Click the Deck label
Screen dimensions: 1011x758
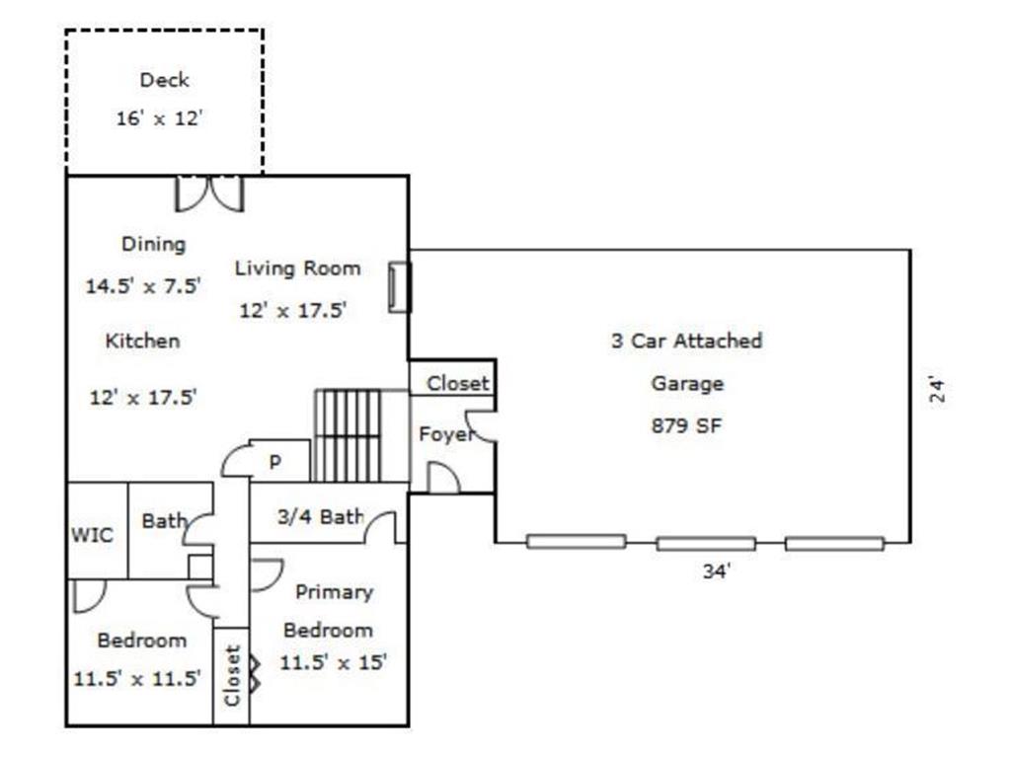coord(165,80)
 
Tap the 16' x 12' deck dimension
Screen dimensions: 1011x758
coord(159,118)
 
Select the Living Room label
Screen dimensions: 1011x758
coord(297,268)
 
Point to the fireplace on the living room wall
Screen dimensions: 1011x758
coord(399,287)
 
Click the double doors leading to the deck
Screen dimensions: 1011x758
coord(209,193)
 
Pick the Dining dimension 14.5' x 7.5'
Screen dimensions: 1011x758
coord(143,285)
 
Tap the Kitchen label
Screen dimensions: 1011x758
coord(142,341)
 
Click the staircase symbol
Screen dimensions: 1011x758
coord(349,435)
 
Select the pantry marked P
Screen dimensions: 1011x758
coord(275,462)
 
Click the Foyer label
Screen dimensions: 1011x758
coord(445,434)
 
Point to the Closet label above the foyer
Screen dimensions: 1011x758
coord(458,384)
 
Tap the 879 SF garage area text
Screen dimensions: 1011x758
coord(686,425)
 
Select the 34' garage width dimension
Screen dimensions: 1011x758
coord(717,571)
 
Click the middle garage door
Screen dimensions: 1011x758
coord(706,544)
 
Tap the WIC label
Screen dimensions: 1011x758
coord(92,534)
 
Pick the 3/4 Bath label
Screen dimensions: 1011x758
coord(321,516)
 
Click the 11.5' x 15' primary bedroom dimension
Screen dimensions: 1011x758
coord(334,662)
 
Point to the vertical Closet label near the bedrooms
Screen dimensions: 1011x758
coord(232,675)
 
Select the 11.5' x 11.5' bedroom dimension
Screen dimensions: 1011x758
coord(137,678)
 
